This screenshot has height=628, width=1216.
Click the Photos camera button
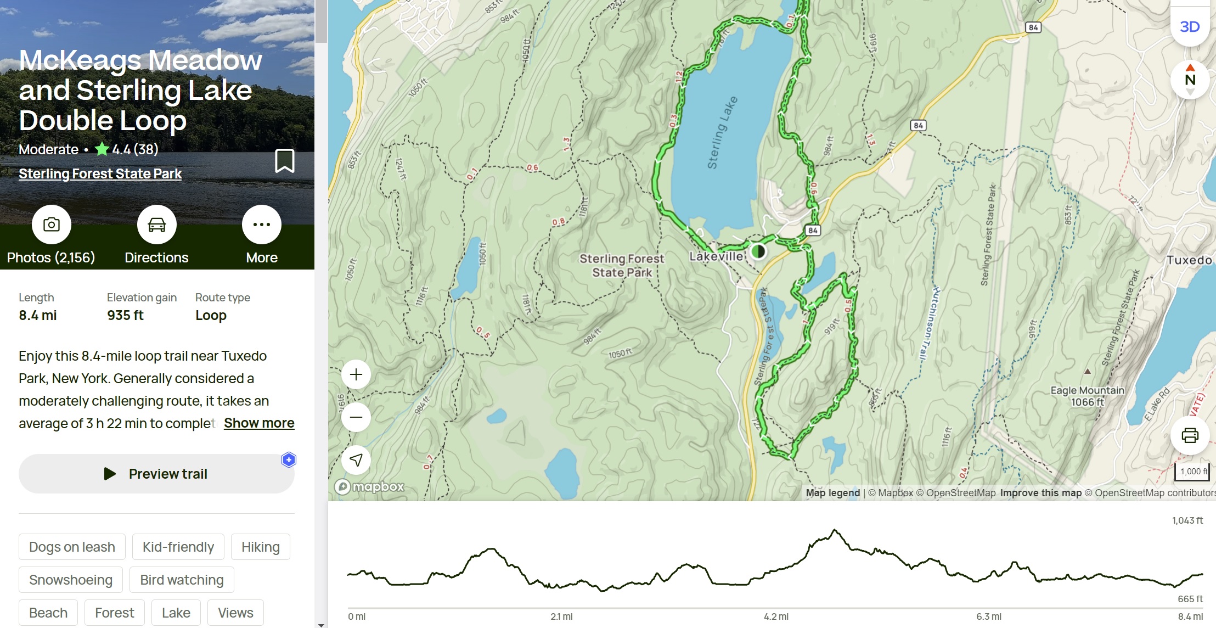[x=52, y=225]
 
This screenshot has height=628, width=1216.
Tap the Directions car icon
[x=156, y=225]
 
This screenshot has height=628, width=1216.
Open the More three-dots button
[x=262, y=225]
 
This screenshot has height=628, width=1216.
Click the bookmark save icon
[x=284, y=161]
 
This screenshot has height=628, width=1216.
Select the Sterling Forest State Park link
[x=100, y=174]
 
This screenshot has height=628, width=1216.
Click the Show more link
[x=259, y=423]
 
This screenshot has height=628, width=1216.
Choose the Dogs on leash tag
[x=72, y=547]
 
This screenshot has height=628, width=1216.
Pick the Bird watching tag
[x=182, y=580]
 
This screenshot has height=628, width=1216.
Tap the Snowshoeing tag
[x=71, y=580]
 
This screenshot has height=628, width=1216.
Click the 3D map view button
[x=1190, y=26]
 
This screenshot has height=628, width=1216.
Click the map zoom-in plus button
[x=356, y=375]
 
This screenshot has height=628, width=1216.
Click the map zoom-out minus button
[x=356, y=417]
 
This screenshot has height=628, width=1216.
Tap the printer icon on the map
[x=1190, y=436]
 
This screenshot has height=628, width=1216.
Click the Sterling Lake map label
[x=722, y=133]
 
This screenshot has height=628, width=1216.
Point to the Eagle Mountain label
[x=1087, y=390]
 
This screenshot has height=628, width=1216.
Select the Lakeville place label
[x=716, y=256]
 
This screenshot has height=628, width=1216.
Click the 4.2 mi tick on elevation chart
[x=776, y=616]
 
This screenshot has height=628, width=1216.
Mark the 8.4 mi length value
[x=38, y=316]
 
